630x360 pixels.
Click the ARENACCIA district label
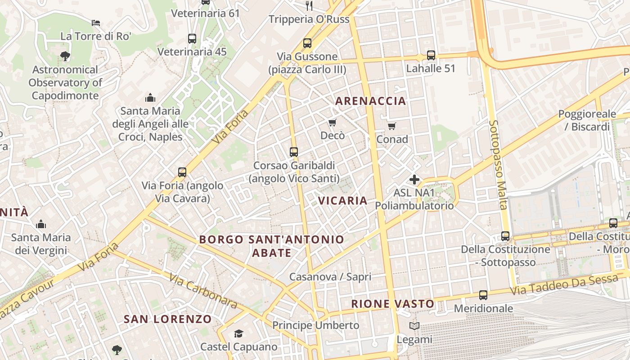pos(371,101)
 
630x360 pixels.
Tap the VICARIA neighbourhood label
pos(343,201)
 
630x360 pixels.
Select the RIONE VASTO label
pos(393,304)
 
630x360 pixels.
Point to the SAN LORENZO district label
pos(167,319)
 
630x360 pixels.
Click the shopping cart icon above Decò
pos(333,122)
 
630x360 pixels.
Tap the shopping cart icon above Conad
pos(392,126)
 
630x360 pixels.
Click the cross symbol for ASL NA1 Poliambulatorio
pos(414,180)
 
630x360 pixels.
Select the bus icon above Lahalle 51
pos(431,55)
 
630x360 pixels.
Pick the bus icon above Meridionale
pos(483,295)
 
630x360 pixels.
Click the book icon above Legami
pos(414,326)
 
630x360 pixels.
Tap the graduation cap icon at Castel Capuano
pos(238,333)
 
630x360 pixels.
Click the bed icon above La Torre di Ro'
pos(96,23)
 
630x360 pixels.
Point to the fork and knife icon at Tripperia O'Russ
pos(309,6)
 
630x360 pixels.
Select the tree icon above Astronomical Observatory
pos(65,56)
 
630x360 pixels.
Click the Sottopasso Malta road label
pos(498,164)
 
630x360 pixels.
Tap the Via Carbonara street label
pos(204,291)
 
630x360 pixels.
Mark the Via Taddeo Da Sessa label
pos(564,285)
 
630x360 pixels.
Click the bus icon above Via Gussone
pos(307,43)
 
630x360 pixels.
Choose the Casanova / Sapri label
pos(330,277)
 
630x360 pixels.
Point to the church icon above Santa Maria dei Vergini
pos(41,224)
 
